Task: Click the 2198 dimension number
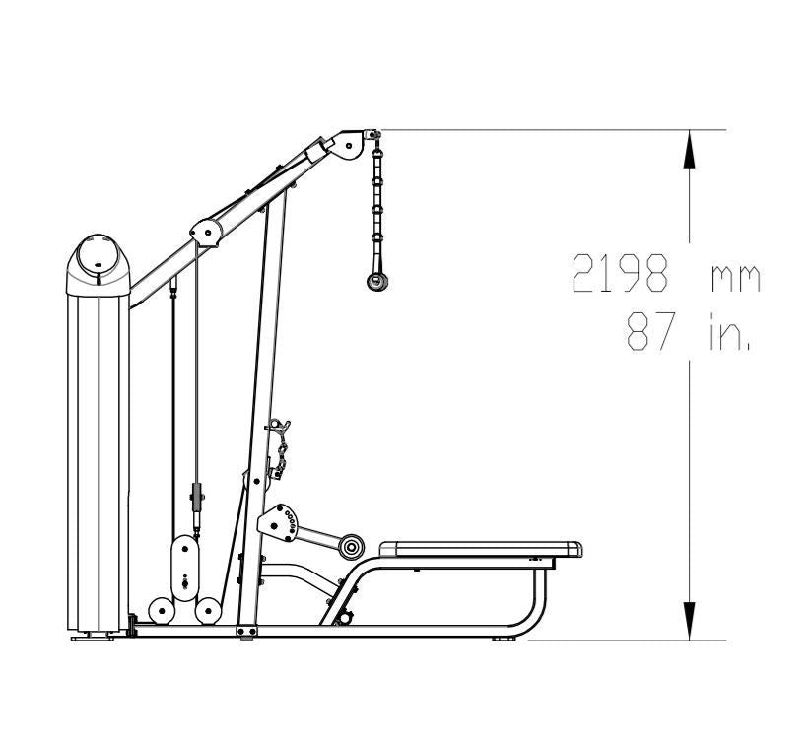(620, 273)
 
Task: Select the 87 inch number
(651, 331)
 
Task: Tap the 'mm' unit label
(736, 278)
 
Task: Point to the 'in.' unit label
(729, 331)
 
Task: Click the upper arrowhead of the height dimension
(689, 149)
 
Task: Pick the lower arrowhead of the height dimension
(689, 621)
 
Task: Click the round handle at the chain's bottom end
(377, 282)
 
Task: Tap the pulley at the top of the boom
(347, 145)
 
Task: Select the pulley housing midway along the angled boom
(206, 233)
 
